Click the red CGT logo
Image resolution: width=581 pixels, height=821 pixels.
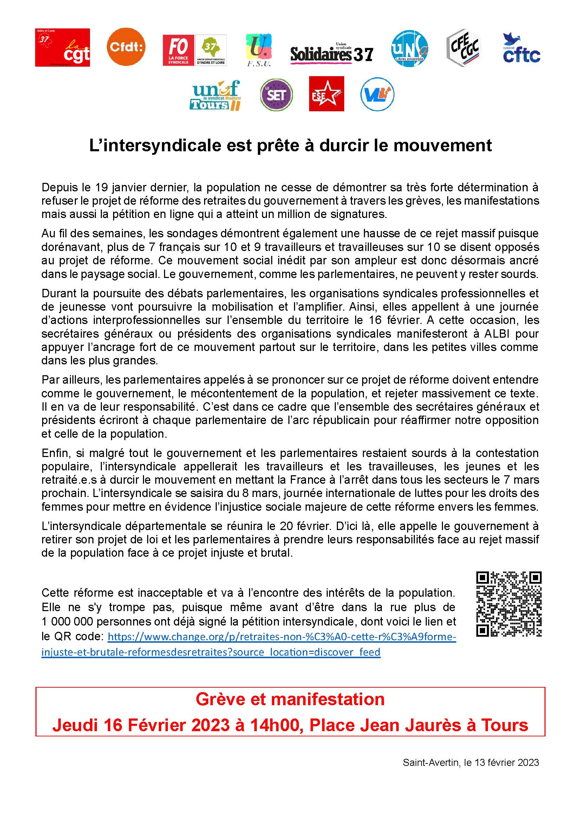point(62,47)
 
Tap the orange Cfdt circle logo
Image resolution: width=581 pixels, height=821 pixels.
point(126,47)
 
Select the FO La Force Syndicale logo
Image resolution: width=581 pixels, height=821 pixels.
point(178,50)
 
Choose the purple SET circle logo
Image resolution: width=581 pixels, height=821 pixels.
point(276,95)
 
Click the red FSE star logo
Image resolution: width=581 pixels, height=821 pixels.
point(326,94)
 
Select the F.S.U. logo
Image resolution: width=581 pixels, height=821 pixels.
point(259,51)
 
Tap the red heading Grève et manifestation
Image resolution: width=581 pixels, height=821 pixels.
point(290,699)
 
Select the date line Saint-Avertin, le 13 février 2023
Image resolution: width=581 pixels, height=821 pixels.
point(470,762)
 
